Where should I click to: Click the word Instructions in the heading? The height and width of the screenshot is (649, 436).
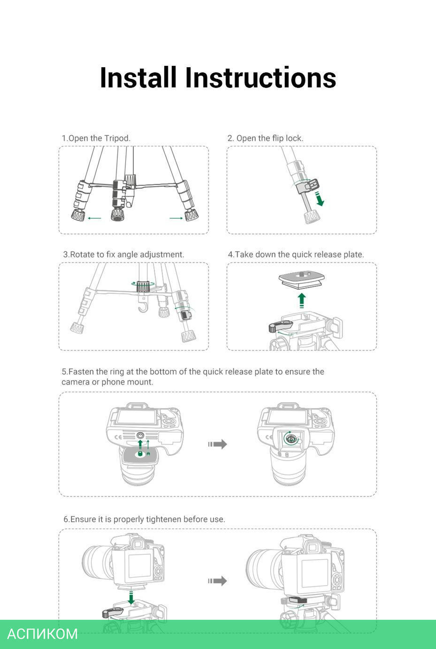[x=260, y=78]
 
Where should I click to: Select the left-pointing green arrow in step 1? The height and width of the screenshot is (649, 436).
[x=94, y=218]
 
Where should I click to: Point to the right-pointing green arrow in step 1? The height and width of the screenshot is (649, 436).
[x=176, y=218]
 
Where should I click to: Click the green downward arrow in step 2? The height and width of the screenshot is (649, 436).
[x=320, y=199]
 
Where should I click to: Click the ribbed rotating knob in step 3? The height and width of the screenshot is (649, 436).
[x=143, y=286]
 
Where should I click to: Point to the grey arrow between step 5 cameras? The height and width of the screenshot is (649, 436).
[x=218, y=444]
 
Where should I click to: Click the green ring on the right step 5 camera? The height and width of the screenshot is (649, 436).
[x=291, y=438]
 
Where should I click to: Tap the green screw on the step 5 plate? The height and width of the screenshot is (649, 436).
[x=140, y=454]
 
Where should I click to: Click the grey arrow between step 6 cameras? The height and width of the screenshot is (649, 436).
[x=218, y=581]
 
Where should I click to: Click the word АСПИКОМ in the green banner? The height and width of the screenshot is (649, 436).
[x=42, y=634]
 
